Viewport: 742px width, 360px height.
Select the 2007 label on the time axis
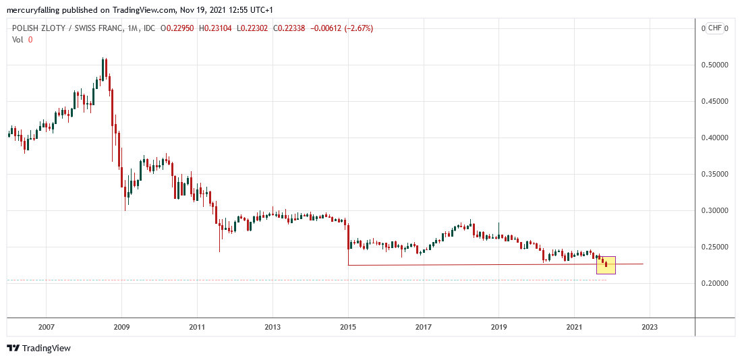point(46,327)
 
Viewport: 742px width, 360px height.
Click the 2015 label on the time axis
point(348,327)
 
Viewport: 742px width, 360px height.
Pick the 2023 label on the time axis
point(649,327)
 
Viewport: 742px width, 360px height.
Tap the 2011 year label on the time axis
point(197,327)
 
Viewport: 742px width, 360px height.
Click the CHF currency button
point(715,28)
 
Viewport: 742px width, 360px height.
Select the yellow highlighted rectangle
point(606,265)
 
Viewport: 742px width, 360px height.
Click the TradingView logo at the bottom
point(39,348)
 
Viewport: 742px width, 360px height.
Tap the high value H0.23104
point(215,28)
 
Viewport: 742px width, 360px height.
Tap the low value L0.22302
point(252,28)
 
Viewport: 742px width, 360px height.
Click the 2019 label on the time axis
point(498,327)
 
